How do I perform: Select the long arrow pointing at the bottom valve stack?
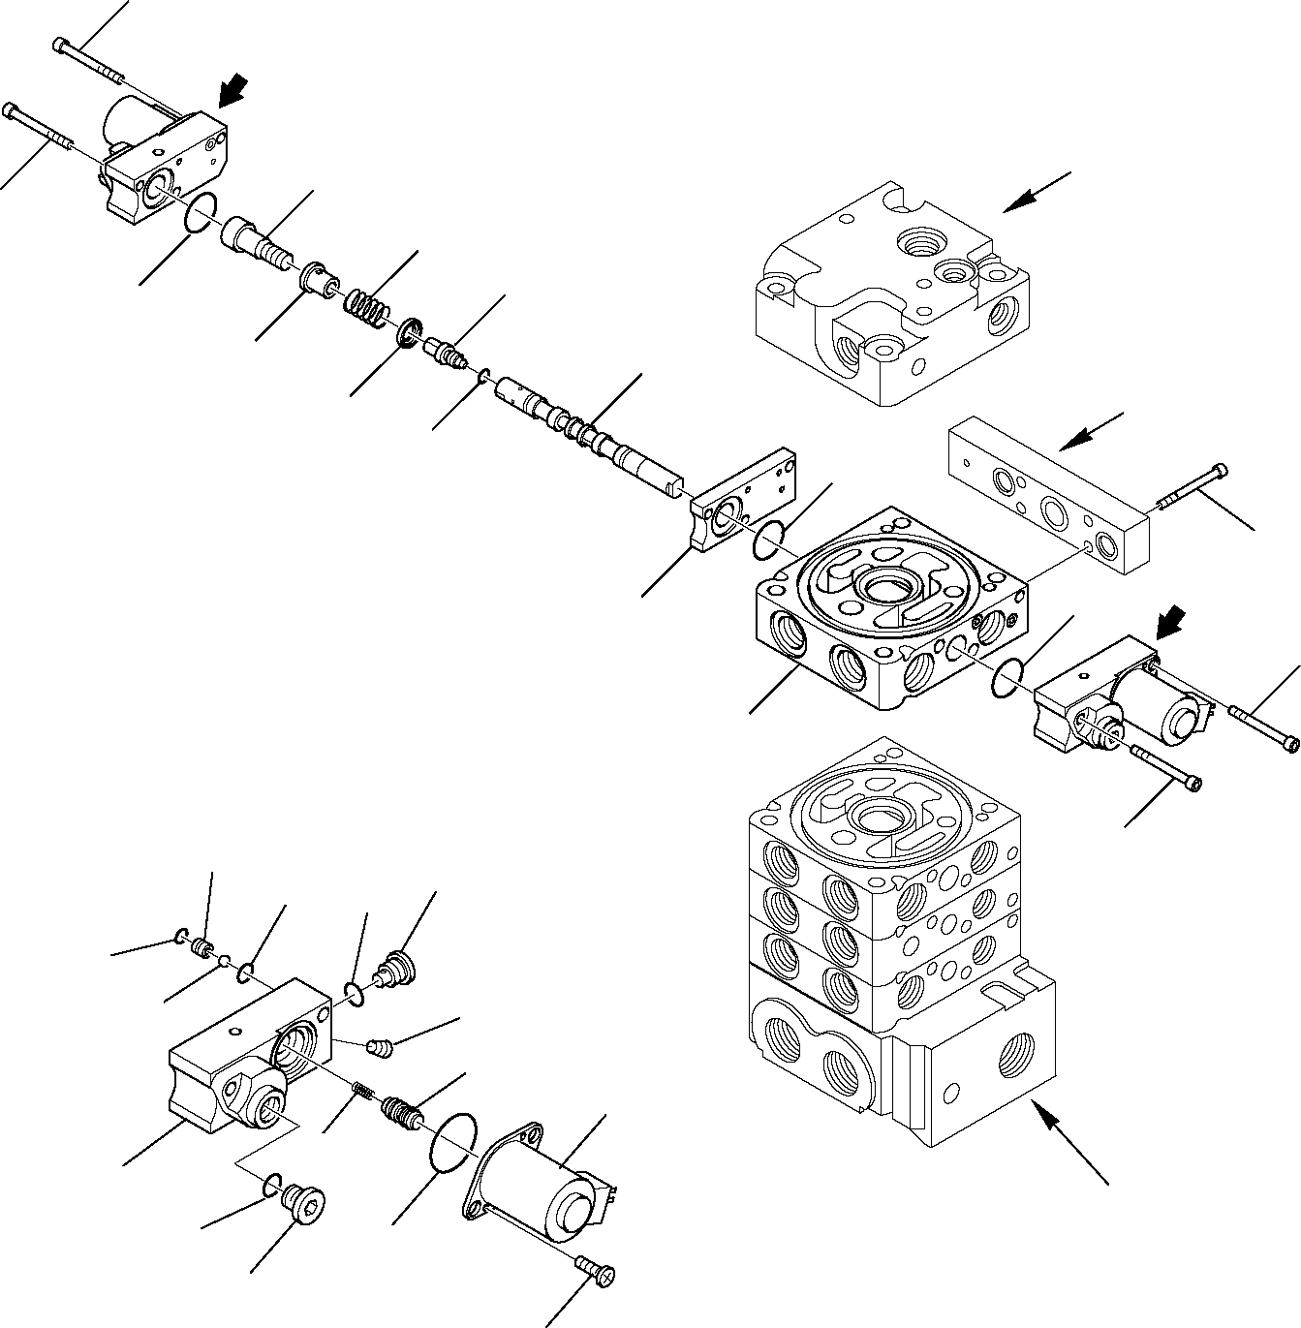coord(1066,1137)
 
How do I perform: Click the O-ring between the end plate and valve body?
coord(770,539)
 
